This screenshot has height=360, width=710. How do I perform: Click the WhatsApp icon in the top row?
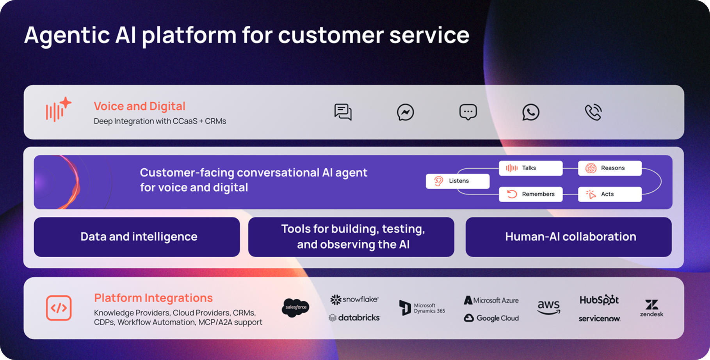(530, 112)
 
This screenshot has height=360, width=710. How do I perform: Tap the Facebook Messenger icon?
(405, 112)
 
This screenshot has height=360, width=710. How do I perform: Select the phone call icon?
(593, 112)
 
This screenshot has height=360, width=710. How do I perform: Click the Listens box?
(457, 181)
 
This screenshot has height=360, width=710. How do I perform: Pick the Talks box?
(530, 168)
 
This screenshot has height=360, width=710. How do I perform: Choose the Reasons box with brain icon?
(609, 168)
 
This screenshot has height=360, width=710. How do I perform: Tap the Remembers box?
(530, 194)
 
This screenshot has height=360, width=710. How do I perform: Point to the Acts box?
(609, 194)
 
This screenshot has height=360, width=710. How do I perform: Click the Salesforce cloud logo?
(295, 308)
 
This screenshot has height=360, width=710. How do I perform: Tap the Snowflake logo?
(354, 299)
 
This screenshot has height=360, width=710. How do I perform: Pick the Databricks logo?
(354, 318)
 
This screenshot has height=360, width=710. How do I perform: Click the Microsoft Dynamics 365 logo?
(422, 308)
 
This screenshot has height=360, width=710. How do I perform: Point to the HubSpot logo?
(599, 300)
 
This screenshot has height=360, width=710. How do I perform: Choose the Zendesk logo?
(651, 308)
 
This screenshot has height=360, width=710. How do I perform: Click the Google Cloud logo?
(491, 318)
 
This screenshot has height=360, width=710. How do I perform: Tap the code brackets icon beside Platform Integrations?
(59, 308)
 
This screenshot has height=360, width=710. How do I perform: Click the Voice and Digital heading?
(139, 106)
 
